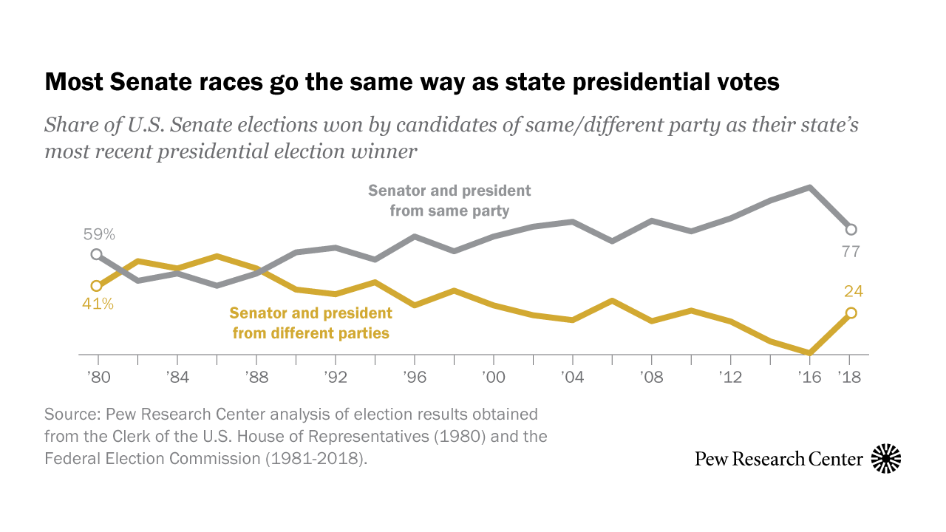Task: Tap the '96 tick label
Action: (x=415, y=377)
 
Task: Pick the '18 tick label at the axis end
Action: (x=851, y=377)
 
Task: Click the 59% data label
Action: (x=98, y=235)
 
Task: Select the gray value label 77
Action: (x=851, y=252)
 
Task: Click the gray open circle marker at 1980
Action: (x=96, y=254)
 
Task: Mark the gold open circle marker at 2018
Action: (x=851, y=313)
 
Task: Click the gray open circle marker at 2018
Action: (x=851, y=229)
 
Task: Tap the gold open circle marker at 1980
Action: (x=96, y=286)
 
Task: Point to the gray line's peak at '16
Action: (x=811, y=188)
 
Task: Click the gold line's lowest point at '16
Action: (x=811, y=352)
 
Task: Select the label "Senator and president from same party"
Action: (x=449, y=200)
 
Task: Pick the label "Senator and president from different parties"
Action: (x=310, y=323)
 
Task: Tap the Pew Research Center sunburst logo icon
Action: (x=886, y=459)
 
